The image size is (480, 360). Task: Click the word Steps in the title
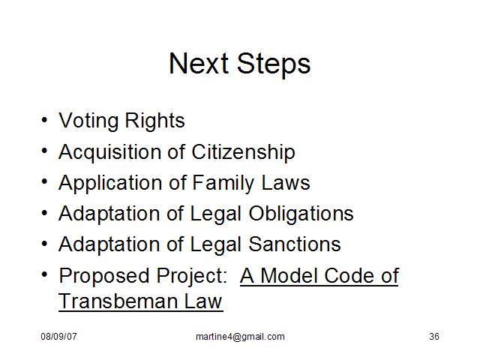click(x=274, y=64)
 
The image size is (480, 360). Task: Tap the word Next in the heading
click(x=199, y=63)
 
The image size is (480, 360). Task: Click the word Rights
click(x=155, y=121)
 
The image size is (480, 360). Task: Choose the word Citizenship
click(x=243, y=152)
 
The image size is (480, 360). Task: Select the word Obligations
click(x=301, y=214)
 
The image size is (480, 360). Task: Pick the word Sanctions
click(x=295, y=244)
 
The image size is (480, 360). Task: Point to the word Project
click(x=191, y=276)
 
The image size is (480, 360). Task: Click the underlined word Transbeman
click(x=117, y=301)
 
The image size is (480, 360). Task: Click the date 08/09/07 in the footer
click(x=58, y=337)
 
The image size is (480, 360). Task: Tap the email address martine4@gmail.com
click(x=240, y=337)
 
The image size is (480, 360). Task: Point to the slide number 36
click(x=434, y=337)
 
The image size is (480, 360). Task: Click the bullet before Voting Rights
click(x=45, y=120)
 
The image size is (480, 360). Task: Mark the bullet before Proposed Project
click(x=45, y=274)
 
